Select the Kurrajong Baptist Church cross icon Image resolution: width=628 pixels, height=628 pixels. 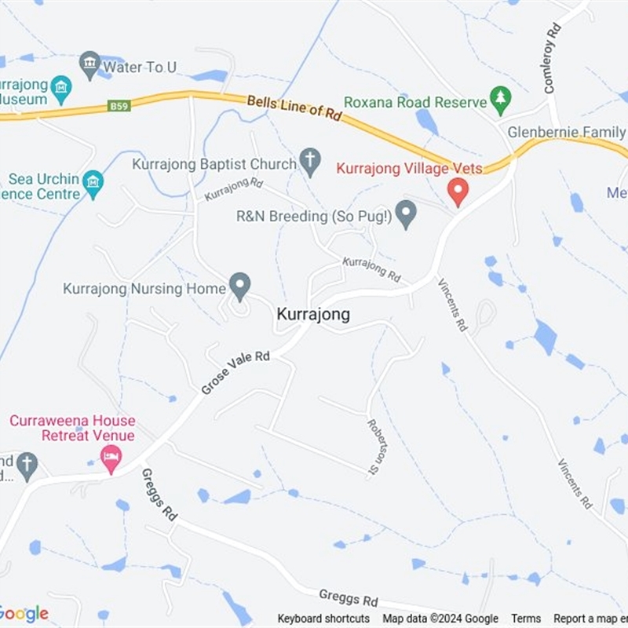coord(310,162)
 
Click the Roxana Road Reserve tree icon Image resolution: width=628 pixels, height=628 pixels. coord(499,99)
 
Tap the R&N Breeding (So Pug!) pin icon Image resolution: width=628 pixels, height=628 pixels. coord(405,214)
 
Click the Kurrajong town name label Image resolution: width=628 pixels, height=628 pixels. coord(313,314)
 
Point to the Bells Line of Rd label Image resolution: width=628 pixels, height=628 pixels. coord(294,108)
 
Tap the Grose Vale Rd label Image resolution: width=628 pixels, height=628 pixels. coord(235,372)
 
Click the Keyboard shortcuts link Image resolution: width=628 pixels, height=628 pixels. coord(323,619)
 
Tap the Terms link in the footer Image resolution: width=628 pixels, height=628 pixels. coord(526,619)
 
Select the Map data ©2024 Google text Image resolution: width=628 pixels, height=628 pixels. coord(440,619)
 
